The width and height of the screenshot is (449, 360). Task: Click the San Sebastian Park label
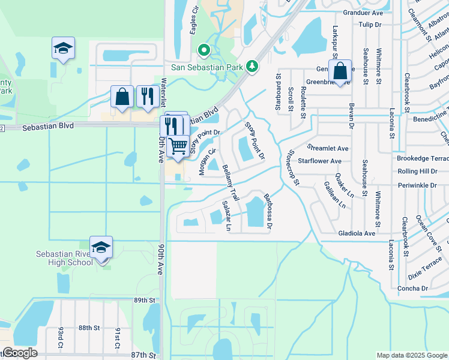207,67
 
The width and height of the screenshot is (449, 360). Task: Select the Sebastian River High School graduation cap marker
101,247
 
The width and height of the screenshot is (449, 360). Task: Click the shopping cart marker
178,145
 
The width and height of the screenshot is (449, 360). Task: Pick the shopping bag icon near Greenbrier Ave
340,71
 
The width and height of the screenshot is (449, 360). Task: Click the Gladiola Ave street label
357,233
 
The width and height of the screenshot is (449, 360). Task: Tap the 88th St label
88,328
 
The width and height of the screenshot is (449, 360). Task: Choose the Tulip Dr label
370,25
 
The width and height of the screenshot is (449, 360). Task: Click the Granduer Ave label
363,12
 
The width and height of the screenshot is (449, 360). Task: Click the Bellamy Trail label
231,182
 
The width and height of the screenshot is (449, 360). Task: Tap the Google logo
20,353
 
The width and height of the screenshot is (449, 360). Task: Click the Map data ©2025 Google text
411,355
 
